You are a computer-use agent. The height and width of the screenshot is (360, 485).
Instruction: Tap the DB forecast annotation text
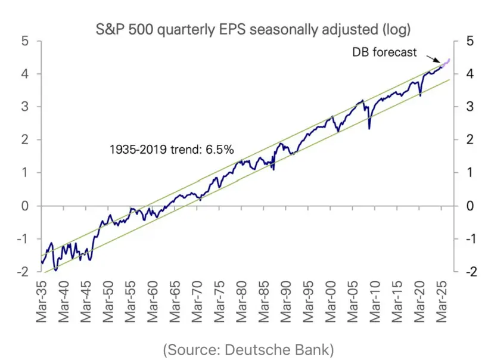pyautogui.click(x=385, y=52)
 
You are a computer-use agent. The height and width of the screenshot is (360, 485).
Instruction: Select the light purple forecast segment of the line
pyautogui.click(x=446, y=63)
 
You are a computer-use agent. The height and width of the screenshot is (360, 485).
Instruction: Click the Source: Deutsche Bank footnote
pyautogui.click(x=248, y=349)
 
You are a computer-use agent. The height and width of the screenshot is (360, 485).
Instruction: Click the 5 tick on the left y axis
pyautogui.click(x=24, y=41)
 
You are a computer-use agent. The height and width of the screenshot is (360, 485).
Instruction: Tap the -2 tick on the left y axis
pyautogui.click(x=22, y=271)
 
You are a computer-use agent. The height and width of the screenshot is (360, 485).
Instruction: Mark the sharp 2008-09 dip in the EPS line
pyautogui.click(x=369, y=127)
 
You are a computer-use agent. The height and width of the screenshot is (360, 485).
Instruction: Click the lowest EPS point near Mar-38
pyautogui.click(x=55, y=269)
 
